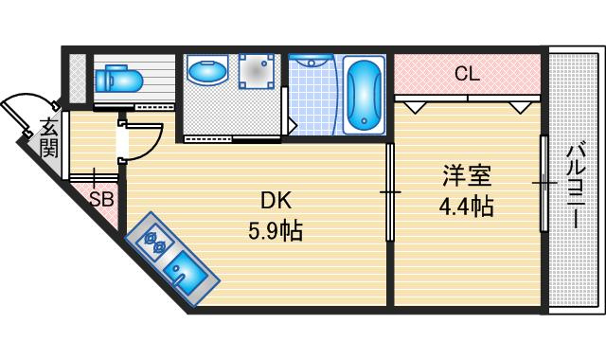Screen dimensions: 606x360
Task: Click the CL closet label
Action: [x=467, y=74]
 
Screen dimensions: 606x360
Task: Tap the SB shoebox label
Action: [x=101, y=200]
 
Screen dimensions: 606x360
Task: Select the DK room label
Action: [x=276, y=201]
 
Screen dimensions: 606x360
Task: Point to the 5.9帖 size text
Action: [x=275, y=231]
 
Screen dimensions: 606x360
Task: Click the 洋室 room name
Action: [x=467, y=176]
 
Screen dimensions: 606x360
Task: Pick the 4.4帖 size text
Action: [x=466, y=207]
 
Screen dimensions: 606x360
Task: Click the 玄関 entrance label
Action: [x=50, y=137]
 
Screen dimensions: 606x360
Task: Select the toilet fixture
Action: [x=119, y=79]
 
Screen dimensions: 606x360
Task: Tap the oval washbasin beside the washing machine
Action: [x=207, y=71]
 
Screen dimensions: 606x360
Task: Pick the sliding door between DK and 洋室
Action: [x=390, y=192]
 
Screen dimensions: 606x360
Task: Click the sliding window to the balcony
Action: [x=544, y=183]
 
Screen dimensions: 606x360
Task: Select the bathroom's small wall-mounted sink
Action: [x=312, y=59]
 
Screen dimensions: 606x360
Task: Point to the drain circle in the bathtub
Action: [x=365, y=120]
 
